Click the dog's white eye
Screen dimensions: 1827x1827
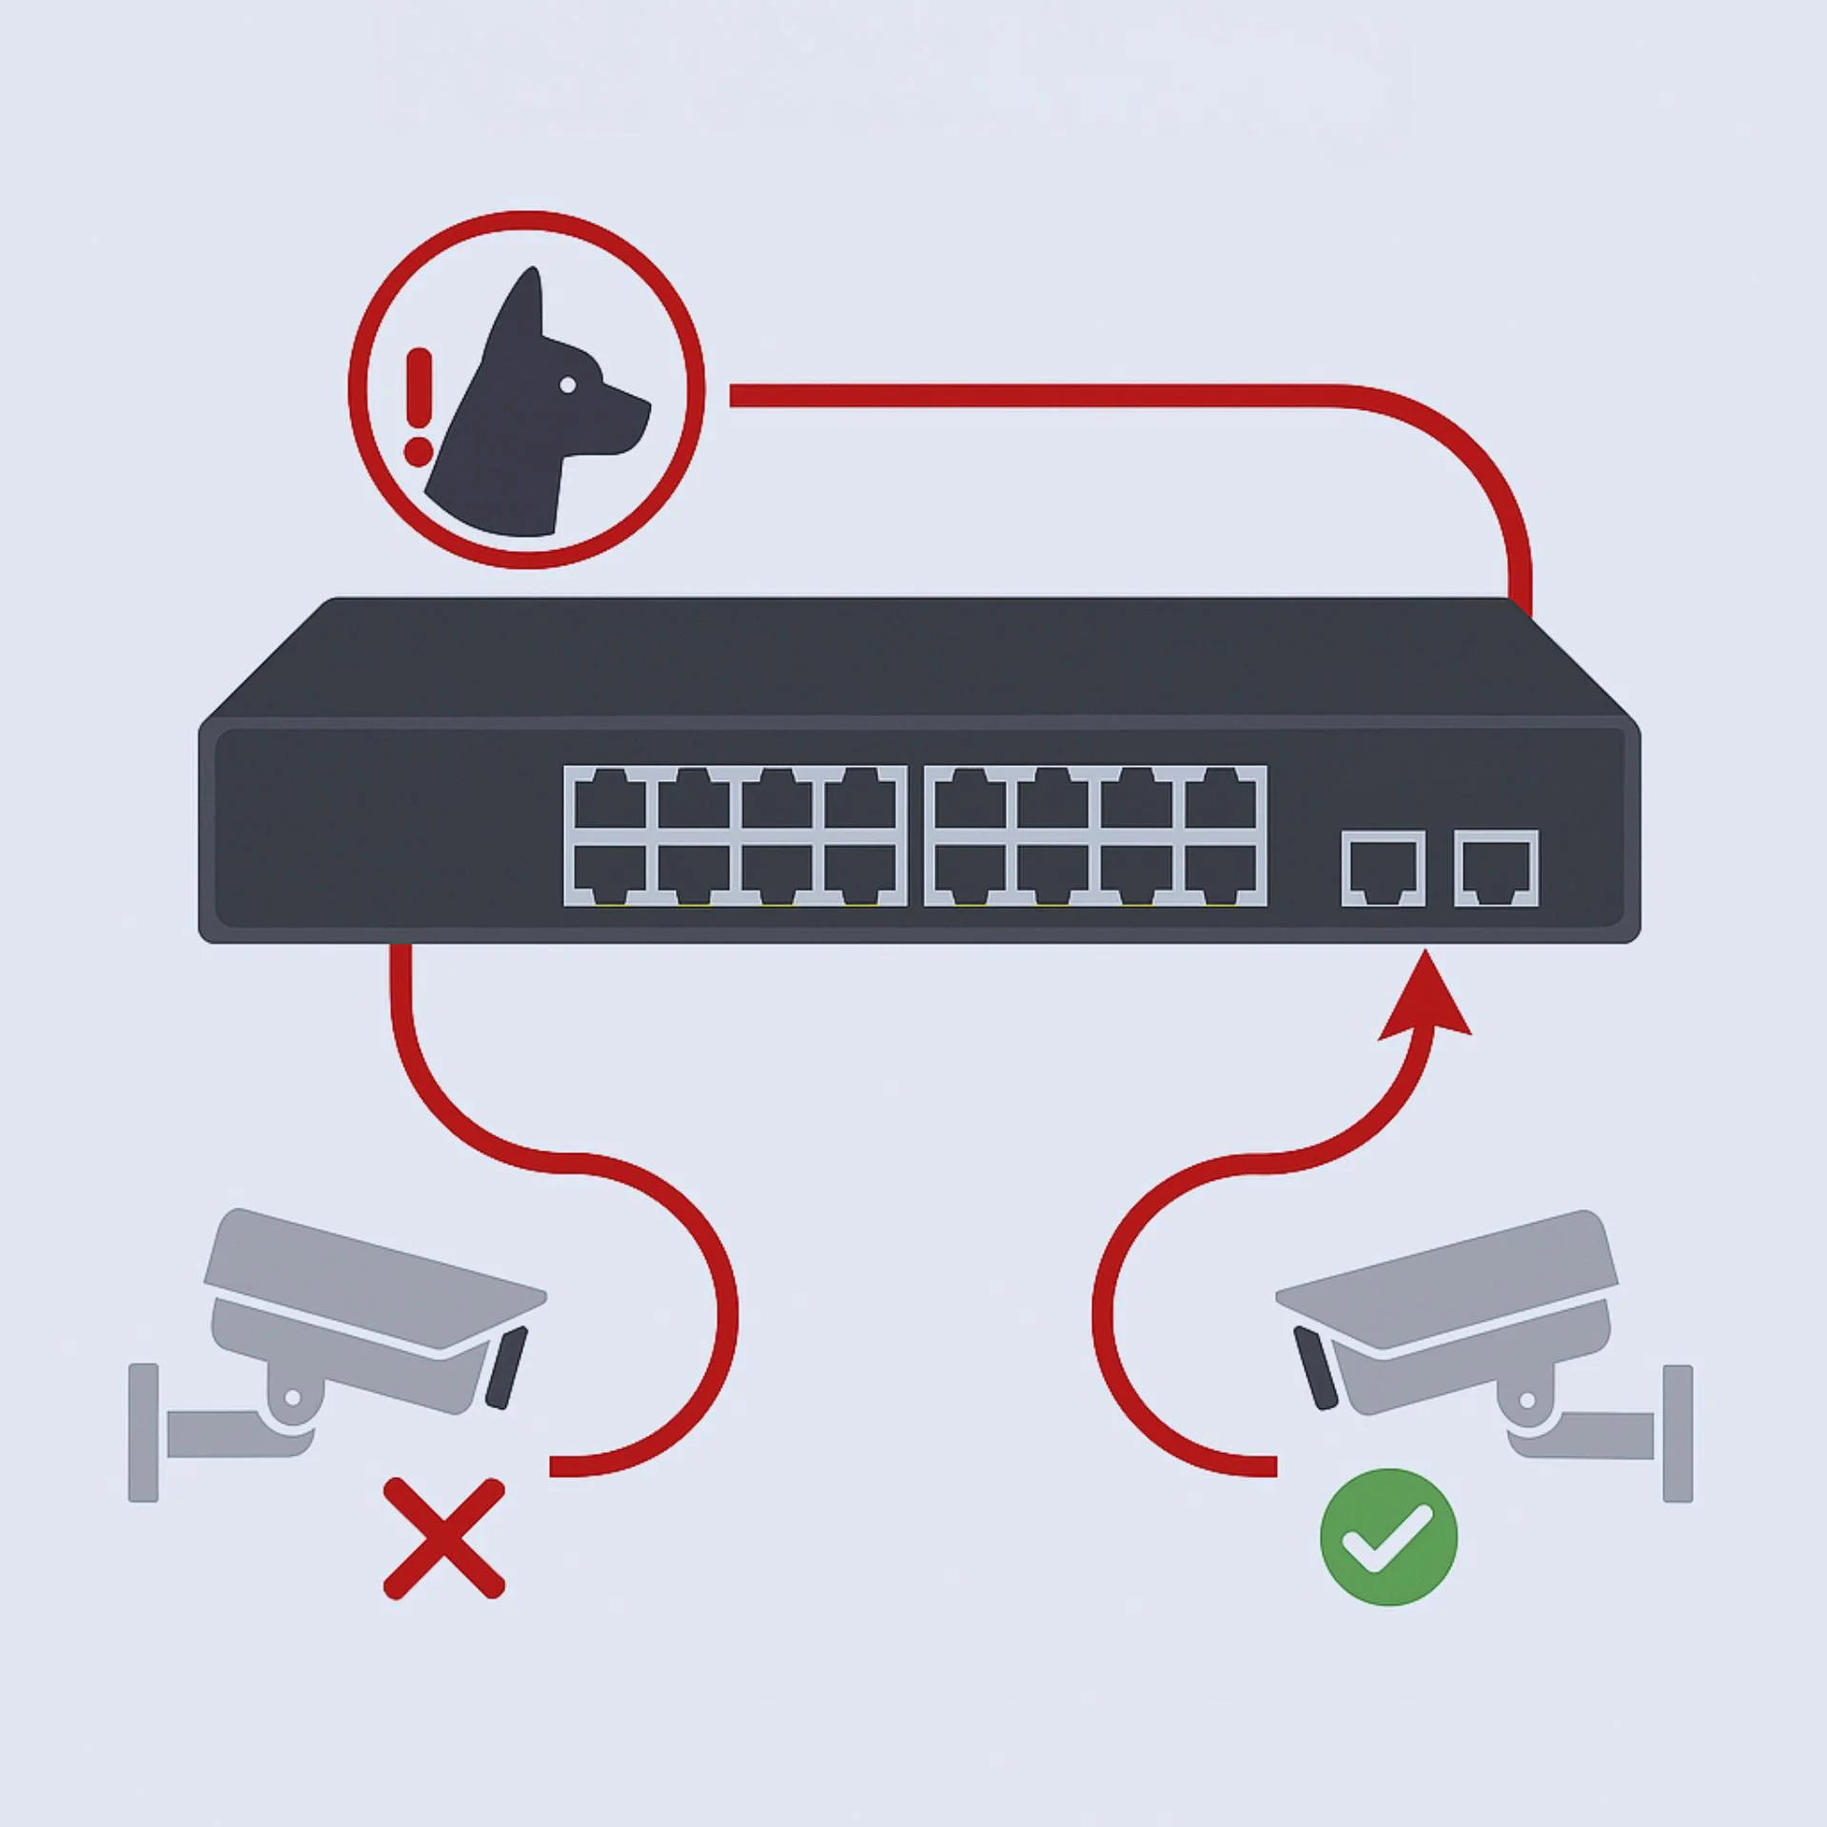[x=567, y=384]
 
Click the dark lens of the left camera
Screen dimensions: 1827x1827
[x=505, y=1368]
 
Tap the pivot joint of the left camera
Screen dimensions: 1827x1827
[x=292, y=1398]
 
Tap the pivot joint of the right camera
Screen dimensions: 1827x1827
[x=1528, y=1400]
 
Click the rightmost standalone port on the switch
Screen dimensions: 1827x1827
[x=1496, y=868]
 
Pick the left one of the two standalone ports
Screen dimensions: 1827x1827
[x=1384, y=868]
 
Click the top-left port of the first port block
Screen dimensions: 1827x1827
[x=610, y=801]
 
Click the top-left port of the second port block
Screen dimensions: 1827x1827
[x=972, y=801]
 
